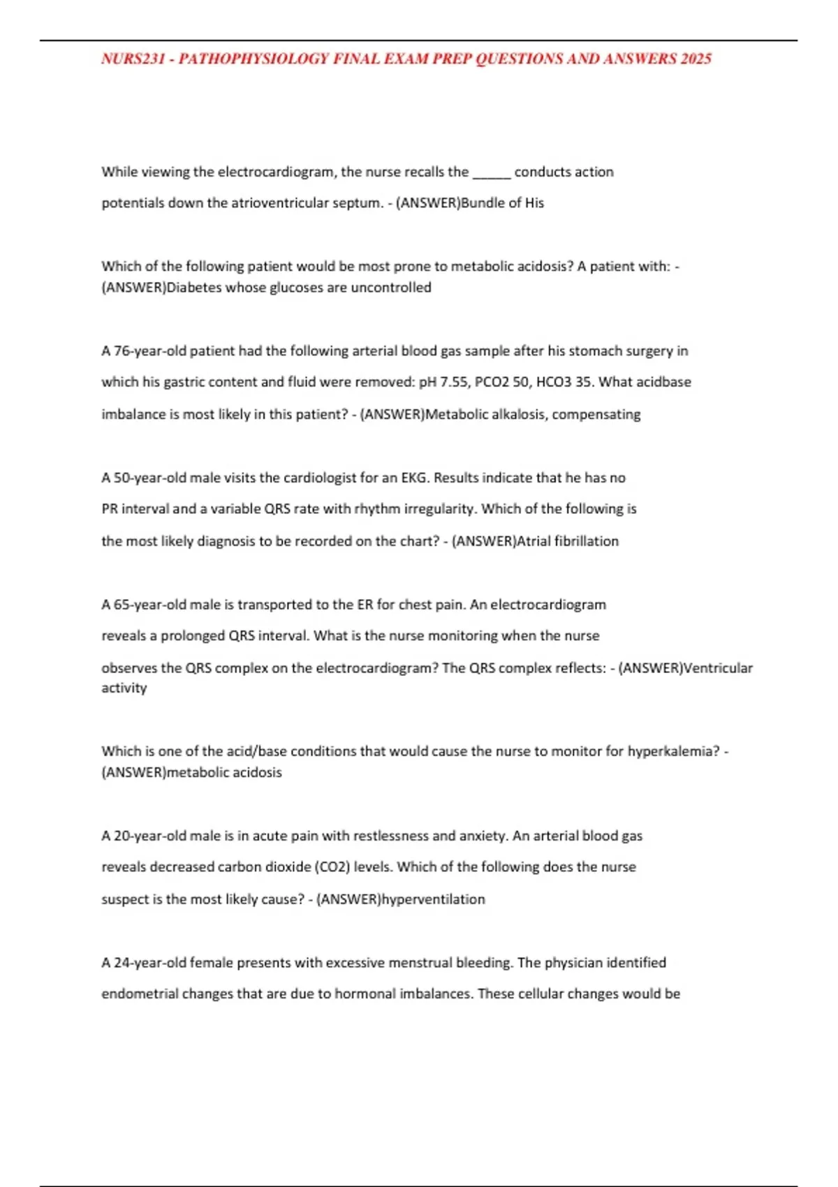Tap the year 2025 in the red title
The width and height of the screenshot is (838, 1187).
coord(696,59)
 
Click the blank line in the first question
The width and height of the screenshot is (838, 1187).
coord(492,172)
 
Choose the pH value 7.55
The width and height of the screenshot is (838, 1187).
coord(453,383)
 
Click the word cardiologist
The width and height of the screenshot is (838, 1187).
coord(320,478)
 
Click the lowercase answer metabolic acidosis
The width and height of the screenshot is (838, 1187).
coord(224,773)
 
